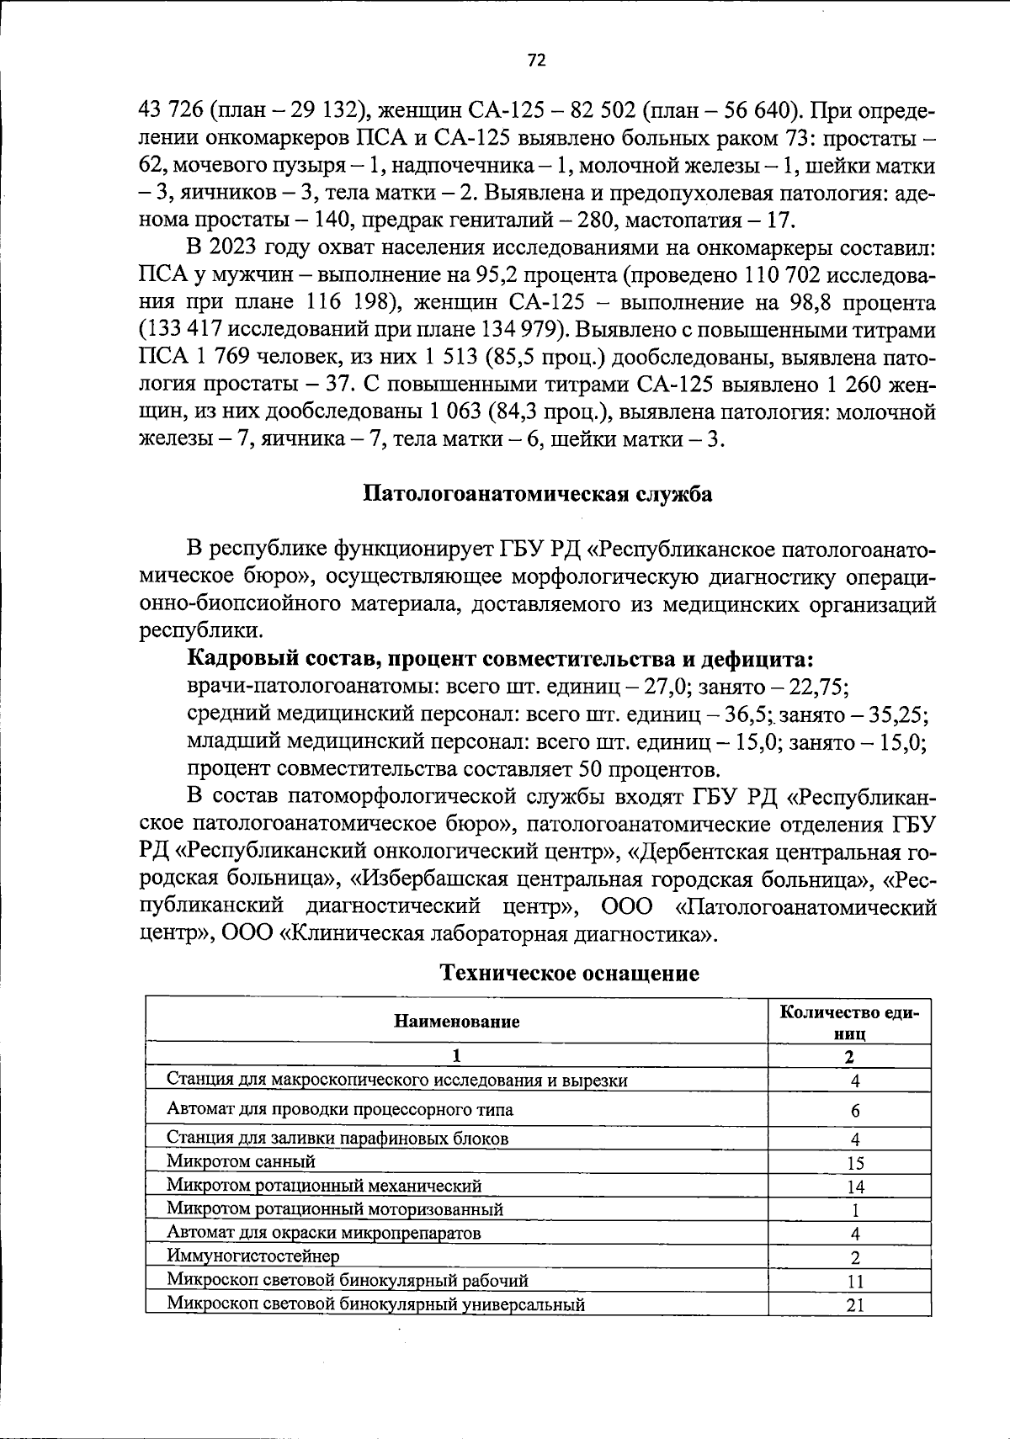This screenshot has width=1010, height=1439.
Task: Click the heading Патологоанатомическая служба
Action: point(537,494)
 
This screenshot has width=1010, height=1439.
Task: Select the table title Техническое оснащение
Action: point(570,974)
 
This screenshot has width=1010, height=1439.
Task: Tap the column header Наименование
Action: point(457,1022)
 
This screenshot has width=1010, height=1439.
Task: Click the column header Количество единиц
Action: point(849,1022)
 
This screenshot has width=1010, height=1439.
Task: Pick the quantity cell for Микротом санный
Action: point(854,1164)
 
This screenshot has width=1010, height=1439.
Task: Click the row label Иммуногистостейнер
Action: point(253,1256)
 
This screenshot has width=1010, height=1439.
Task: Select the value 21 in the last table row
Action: point(855,1305)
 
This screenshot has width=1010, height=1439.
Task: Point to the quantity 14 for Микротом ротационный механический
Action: point(854,1187)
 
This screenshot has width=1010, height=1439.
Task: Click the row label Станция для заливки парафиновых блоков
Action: point(338,1139)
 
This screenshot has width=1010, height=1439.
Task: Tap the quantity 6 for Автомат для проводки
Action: point(855,1111)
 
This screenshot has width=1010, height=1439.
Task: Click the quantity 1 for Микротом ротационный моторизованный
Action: point(854,1211)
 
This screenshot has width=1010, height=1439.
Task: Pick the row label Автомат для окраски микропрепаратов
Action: point(324,1234)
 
